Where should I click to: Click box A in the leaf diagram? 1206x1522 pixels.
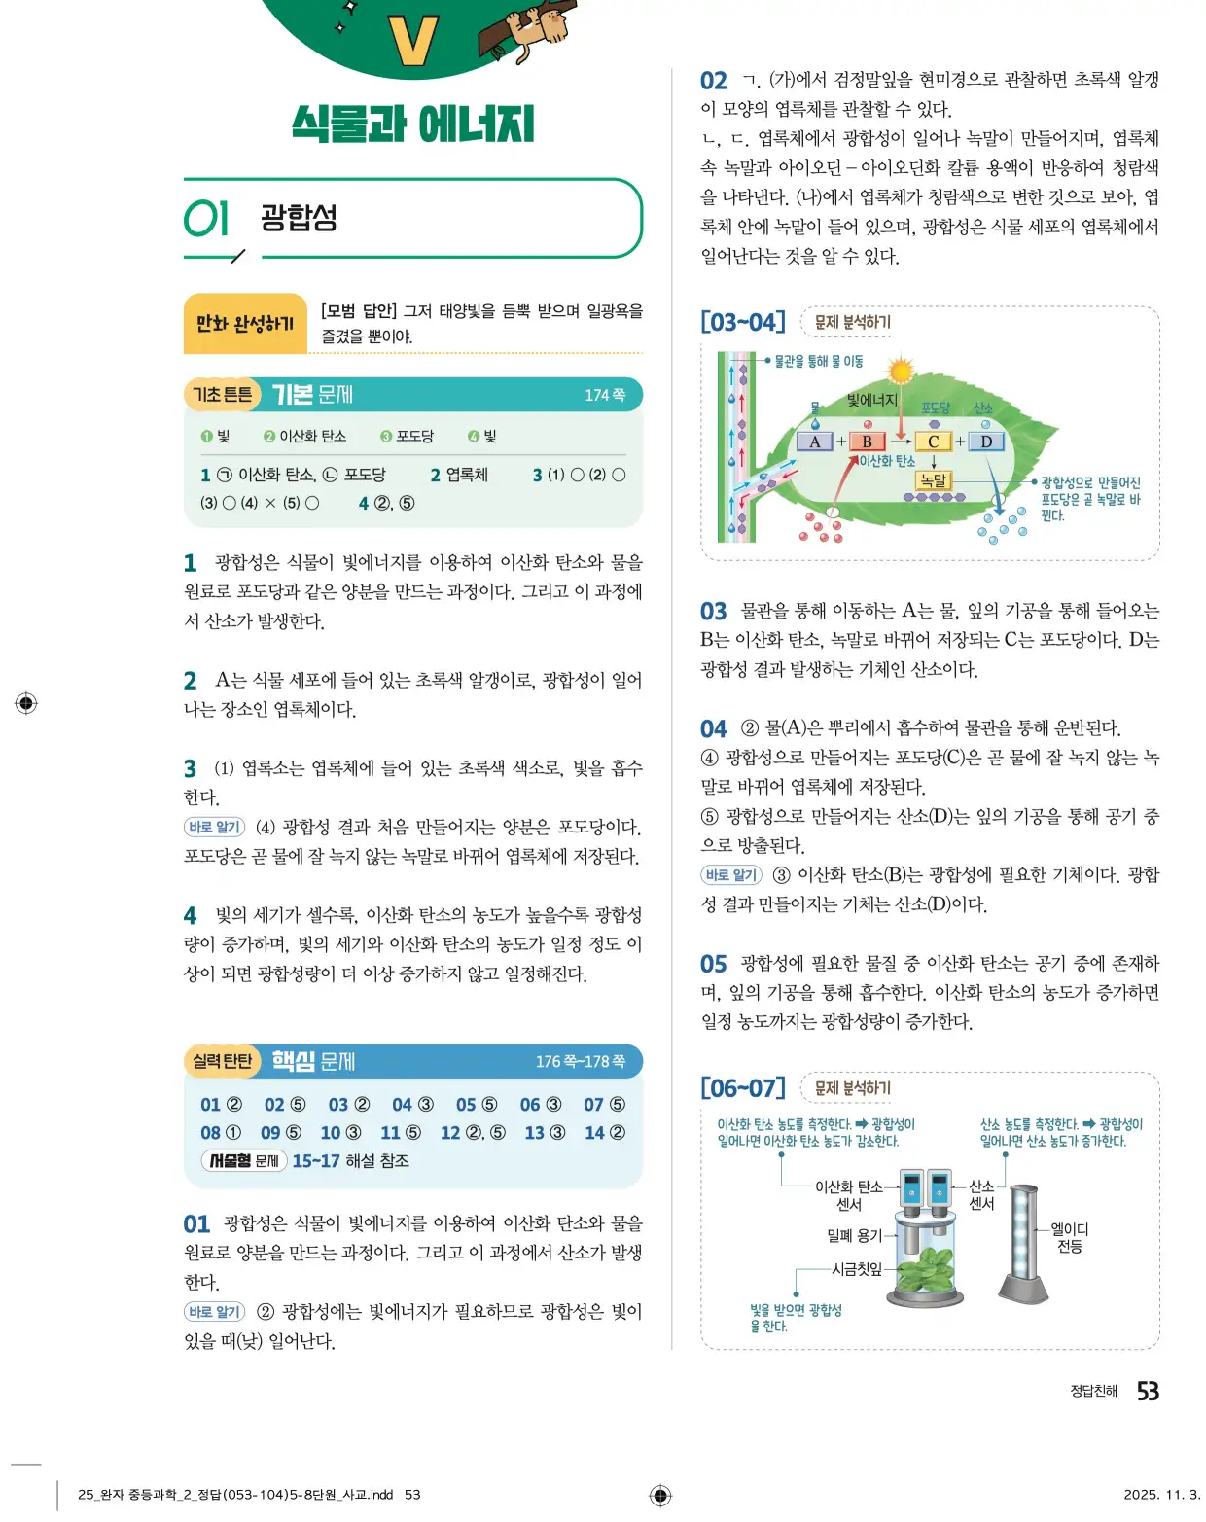point(814,442)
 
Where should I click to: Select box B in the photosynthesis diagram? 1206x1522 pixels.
point(866,442)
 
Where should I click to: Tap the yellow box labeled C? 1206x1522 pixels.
point(933,442)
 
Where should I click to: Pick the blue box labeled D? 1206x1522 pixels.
point(985,442)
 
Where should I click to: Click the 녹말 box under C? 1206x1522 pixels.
point(933,479)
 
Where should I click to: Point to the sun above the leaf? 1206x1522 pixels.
point(902,371)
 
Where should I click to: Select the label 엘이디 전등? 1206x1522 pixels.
point(1070,1237)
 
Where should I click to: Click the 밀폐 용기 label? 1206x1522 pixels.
point(853,1235)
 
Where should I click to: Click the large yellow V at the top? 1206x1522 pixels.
point(412,41)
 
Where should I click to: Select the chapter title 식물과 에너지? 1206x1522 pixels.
point(412,124)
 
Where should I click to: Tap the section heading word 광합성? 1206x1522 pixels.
point(299,217)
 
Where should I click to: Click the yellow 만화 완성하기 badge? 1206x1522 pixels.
point(245,323)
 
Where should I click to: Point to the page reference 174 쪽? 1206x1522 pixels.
point(605,395)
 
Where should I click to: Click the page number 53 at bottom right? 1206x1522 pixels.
point(1148,1392)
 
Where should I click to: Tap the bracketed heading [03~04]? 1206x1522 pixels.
point(742,322)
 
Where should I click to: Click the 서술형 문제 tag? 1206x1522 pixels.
point(243,1160)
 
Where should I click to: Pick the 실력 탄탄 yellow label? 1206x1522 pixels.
point(222,1061)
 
